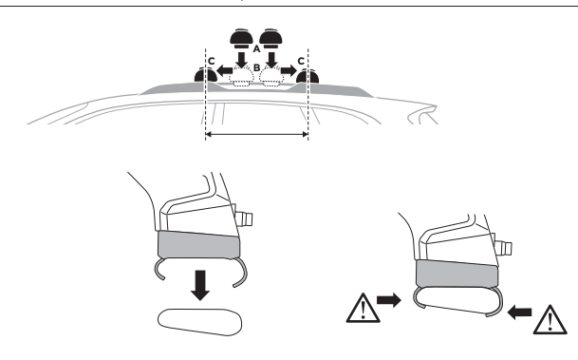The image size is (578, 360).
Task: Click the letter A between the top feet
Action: [256, 48]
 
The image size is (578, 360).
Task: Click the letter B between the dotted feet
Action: [257, 67]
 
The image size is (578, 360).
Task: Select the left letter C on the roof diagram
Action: [212, 61]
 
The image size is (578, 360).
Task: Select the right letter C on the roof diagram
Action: [301, 61]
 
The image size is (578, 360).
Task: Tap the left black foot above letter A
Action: [241, 39]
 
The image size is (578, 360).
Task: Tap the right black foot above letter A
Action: [270, 39]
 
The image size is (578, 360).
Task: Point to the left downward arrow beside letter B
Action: [242, 60]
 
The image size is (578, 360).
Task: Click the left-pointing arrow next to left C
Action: [224, 70]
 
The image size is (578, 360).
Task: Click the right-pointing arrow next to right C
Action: [289, 70]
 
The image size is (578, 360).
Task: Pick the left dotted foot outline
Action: [241, 77]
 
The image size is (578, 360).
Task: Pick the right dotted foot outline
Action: [271, 77]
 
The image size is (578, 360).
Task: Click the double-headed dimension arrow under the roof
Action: [256, 134]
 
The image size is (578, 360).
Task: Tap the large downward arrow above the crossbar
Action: [200, 285]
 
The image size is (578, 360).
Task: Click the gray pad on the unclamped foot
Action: [198, 244]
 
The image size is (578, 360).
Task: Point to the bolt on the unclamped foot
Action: [244, 218]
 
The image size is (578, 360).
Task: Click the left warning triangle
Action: [364, 309]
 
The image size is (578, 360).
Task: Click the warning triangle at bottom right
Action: [550, 320]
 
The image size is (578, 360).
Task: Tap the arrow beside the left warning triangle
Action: [389, 300]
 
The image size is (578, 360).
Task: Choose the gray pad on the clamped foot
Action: [457, 274]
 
